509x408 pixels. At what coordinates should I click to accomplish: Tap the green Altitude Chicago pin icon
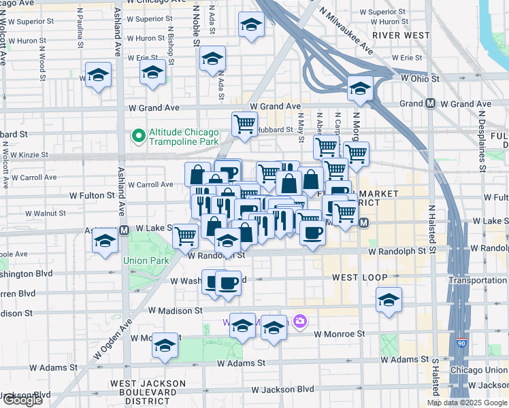139,136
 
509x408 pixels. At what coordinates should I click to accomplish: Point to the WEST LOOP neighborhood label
359,278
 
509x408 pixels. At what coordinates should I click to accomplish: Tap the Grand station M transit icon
430,104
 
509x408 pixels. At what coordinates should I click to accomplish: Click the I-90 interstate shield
462,344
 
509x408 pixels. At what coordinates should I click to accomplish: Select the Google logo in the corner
22,400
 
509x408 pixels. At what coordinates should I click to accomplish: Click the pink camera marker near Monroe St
300,321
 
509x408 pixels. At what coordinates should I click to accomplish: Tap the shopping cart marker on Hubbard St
244,124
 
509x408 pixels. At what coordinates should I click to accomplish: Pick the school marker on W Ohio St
360,88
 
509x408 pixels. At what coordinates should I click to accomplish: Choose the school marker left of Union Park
105,242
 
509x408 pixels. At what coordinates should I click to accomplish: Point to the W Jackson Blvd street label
282,390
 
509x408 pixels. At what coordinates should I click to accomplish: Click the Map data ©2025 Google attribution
467,403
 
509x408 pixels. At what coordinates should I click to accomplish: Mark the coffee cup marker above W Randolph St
312,233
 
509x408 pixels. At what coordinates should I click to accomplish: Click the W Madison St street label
176,310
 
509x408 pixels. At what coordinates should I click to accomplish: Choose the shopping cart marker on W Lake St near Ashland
186,237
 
